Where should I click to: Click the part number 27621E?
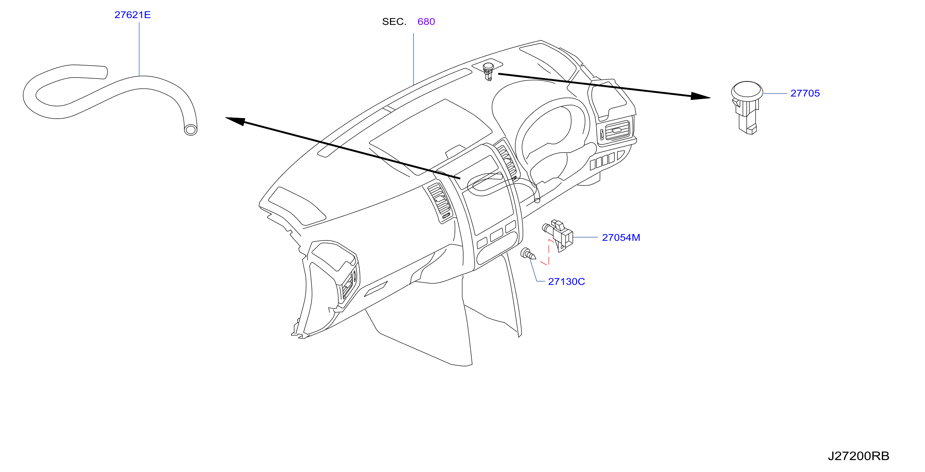(132, 15)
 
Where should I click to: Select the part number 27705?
(805, 93)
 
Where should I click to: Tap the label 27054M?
(621, 238)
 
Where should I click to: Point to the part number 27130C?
(566, 282)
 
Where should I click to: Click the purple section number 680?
(426, 22)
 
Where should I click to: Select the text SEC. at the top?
(394, 22)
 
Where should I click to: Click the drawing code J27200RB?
(858, 456)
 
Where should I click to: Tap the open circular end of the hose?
(190, 129)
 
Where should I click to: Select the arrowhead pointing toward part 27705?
(700, 96)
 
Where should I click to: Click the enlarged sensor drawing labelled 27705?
(747, 107)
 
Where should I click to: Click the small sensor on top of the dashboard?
(488, 72)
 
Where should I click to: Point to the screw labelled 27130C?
(528, 254)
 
